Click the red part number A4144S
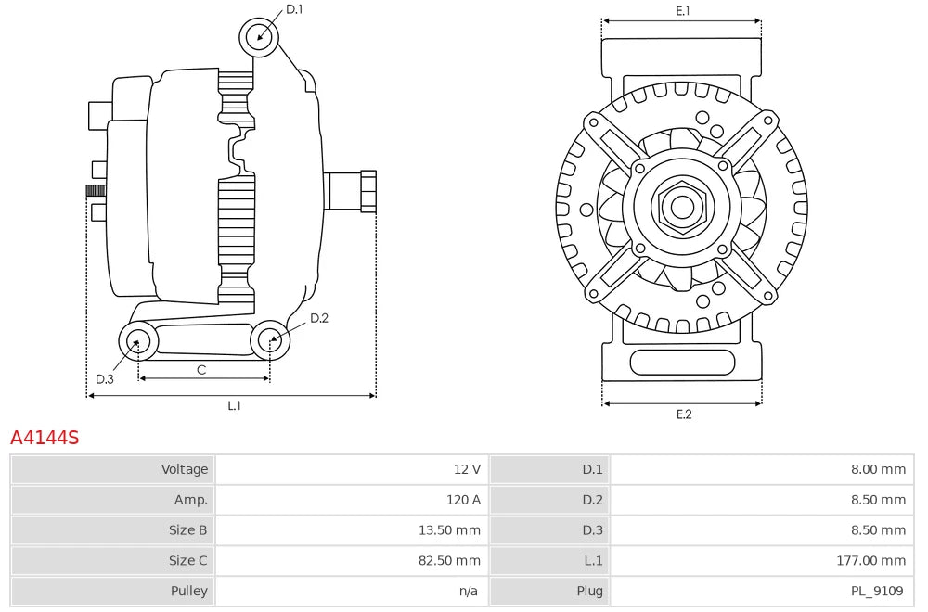coord(45,438)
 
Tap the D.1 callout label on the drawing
coord(294,9)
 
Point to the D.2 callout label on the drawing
coord(319,318)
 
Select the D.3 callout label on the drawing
coord(105,379)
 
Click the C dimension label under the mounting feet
coord(201,370)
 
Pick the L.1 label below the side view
coord(235,405)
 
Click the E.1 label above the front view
coord(683,10)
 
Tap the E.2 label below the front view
coord(684,414)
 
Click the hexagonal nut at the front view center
coord(682,207)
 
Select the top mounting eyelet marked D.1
coord(259,38)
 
